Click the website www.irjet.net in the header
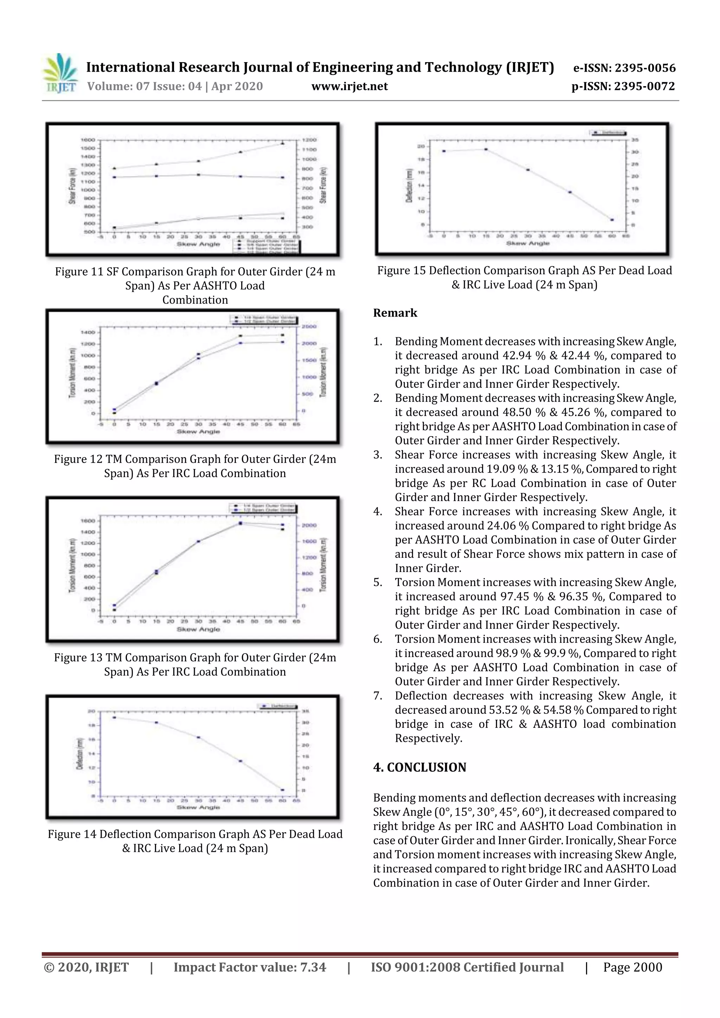point(349,86)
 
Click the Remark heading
point(395,313)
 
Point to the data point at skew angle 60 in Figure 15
point(612,220)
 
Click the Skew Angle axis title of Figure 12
point(198,432)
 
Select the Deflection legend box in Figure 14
point(278,706)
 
